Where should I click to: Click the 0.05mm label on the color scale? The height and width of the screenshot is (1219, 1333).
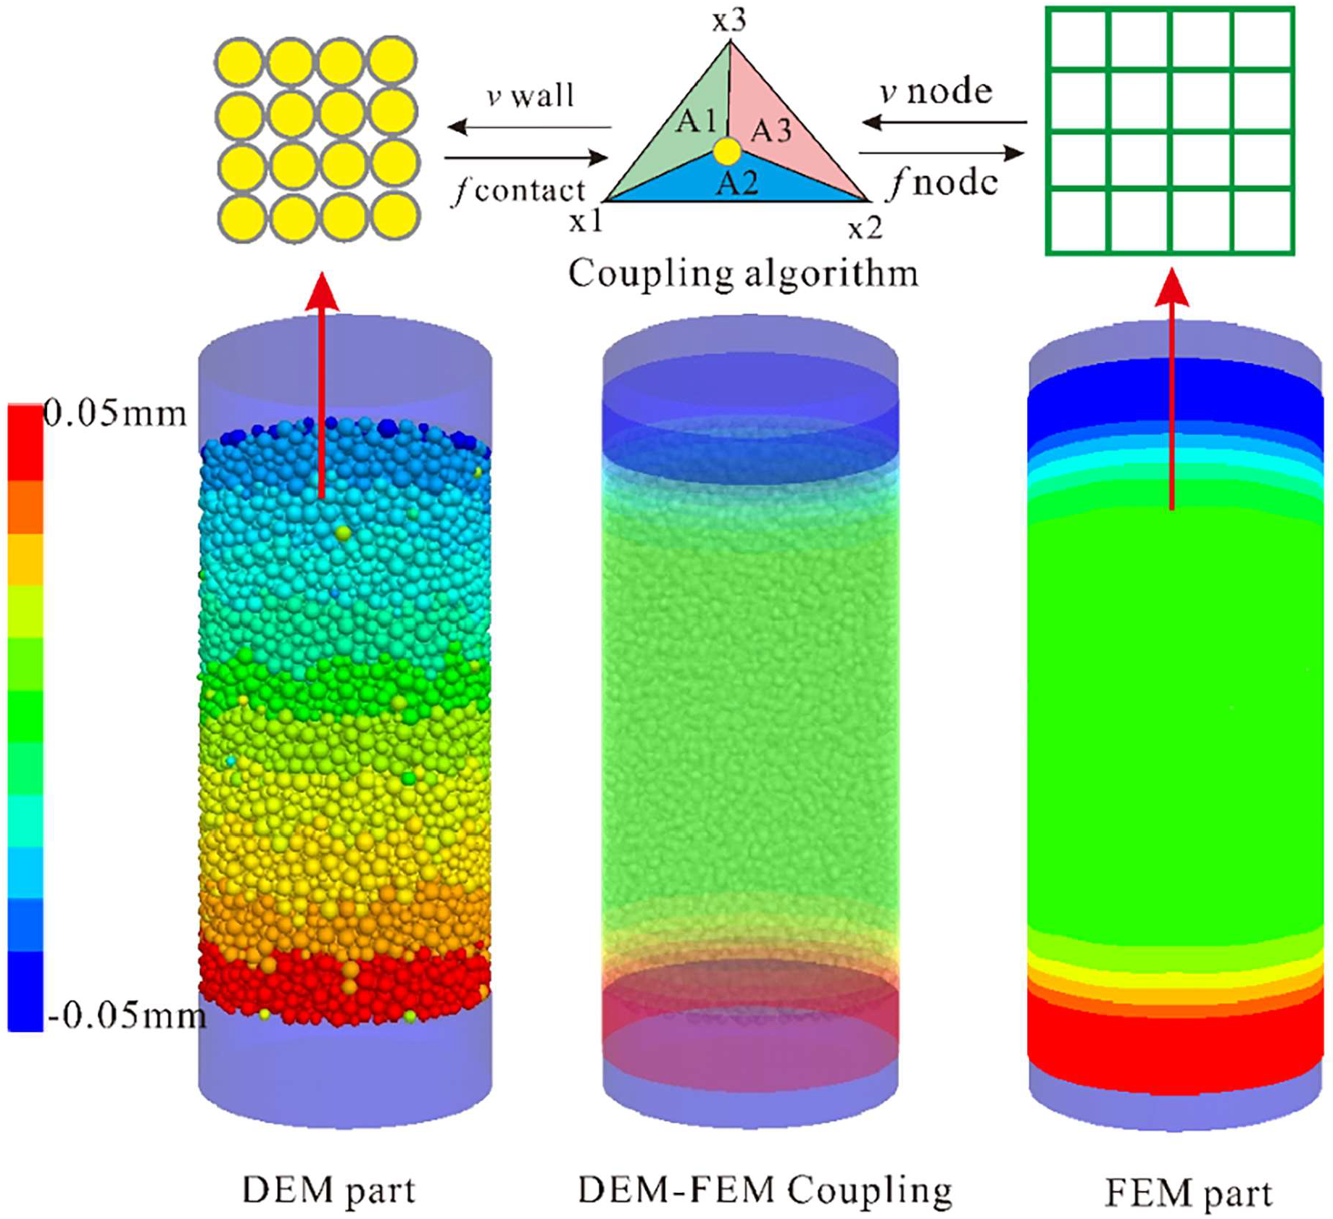coord(115,414)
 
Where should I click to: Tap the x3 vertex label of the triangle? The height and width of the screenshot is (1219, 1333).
coord(728,21)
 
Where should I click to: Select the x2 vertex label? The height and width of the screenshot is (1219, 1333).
coord(865,229)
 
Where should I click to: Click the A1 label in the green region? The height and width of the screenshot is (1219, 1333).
coord(696,120)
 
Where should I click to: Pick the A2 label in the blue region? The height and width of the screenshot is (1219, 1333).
coord(737,182)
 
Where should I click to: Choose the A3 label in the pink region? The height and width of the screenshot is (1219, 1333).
coord(771,130)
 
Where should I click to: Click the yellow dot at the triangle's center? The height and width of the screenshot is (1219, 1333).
coord(727,151)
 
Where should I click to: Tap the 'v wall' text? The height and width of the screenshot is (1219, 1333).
coord(530,95)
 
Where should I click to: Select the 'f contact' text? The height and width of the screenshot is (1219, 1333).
coord(519,190)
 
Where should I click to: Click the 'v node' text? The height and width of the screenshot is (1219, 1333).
coord(936,91)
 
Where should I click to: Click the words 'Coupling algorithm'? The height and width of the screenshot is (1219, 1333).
coord(743,274)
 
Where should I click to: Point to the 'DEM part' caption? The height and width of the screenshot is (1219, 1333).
coord(328,1190)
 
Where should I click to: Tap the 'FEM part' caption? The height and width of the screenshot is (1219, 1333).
coord(1188,1193)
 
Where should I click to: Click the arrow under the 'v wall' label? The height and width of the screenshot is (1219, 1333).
coord(528,128)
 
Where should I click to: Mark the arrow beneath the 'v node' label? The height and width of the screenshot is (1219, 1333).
coord(944,122)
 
